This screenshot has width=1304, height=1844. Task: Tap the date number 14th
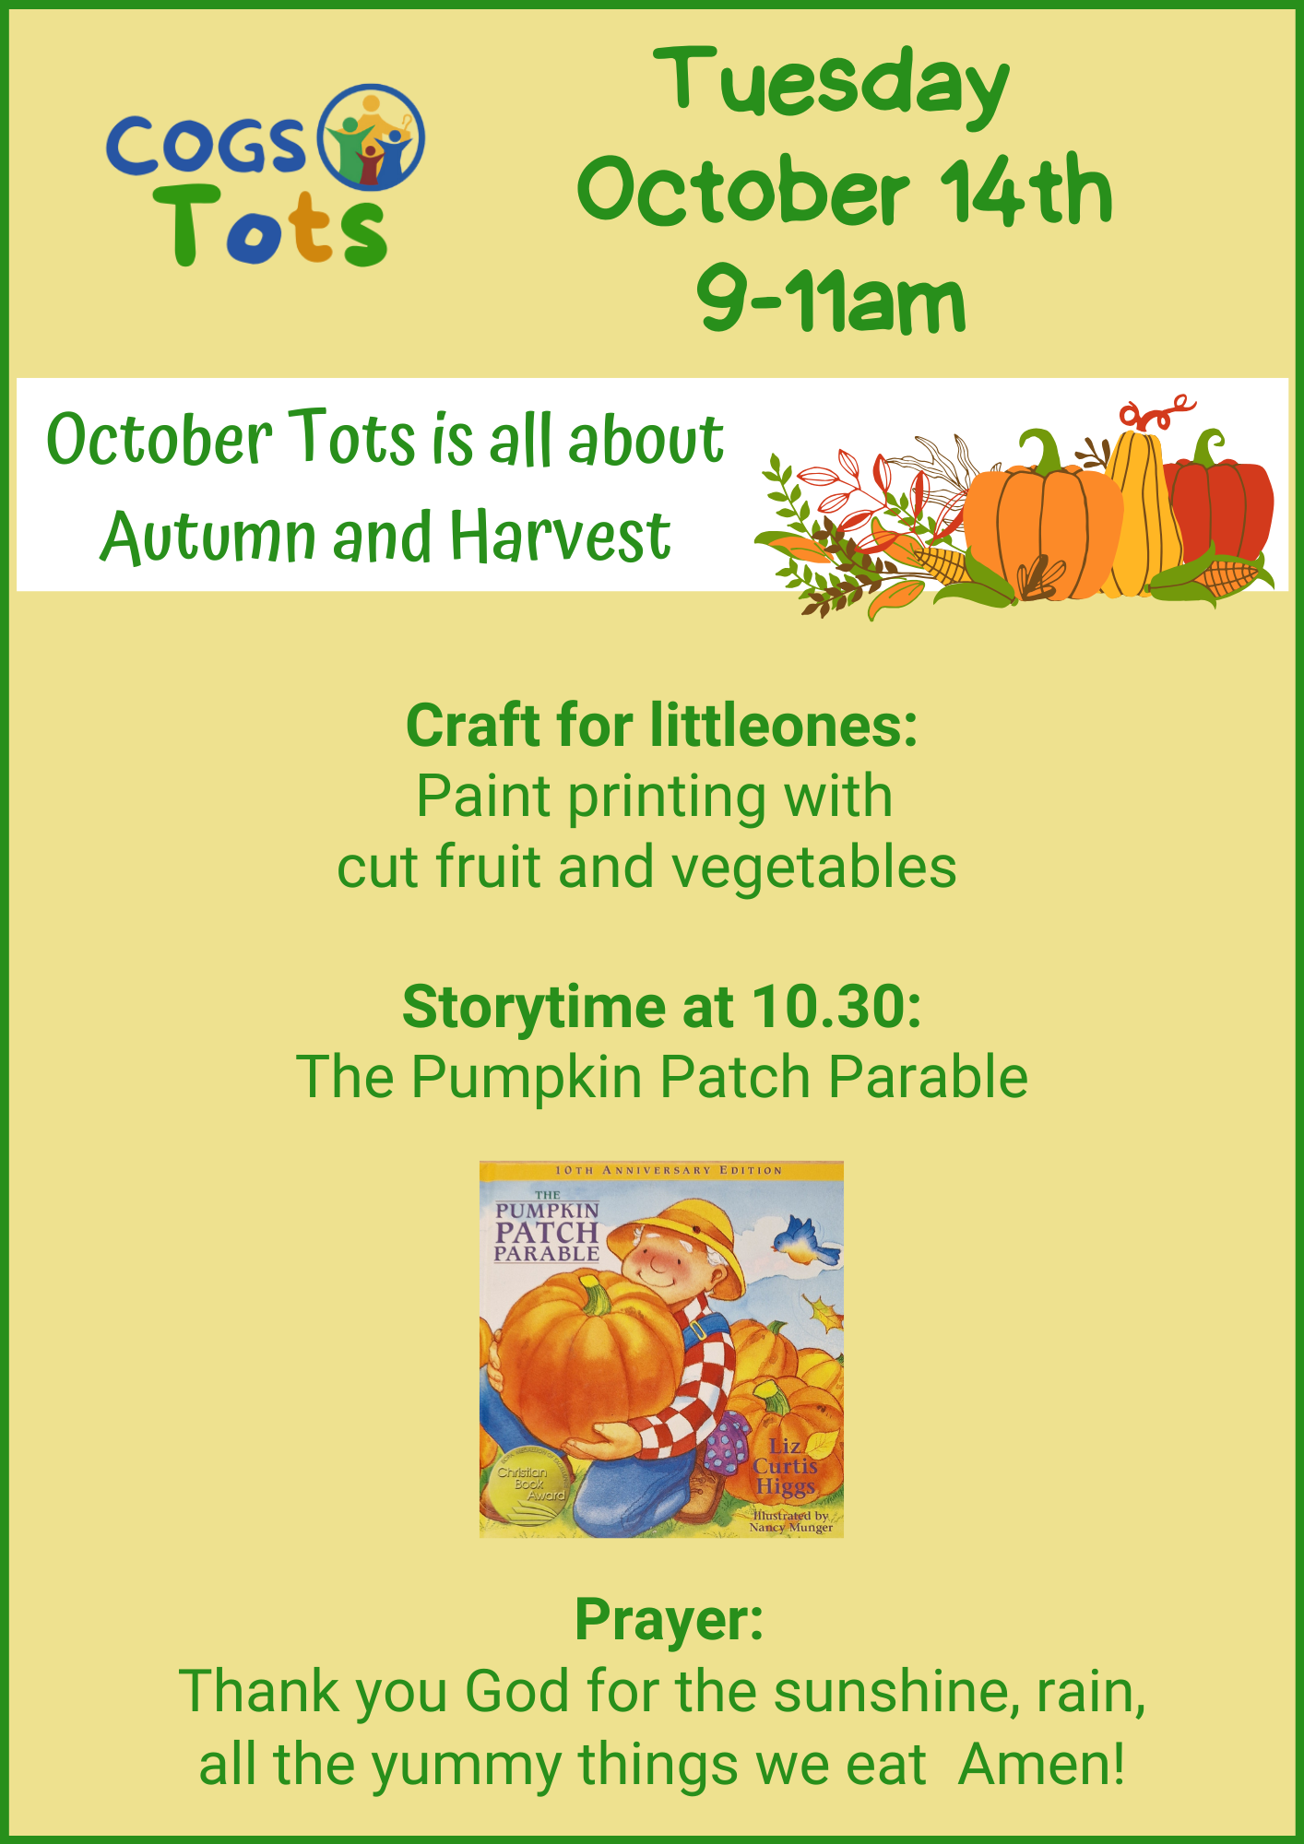[x=1026, y=191]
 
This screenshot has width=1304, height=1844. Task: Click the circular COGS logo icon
[x=371, y=137]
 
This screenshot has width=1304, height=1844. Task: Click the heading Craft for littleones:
[x=661, y=726]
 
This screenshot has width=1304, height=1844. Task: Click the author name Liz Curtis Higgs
[x=785, y=1466]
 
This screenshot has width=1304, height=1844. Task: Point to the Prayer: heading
[x=670, y=1620]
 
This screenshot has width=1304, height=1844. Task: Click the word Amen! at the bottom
[x=1041, y=1765]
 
